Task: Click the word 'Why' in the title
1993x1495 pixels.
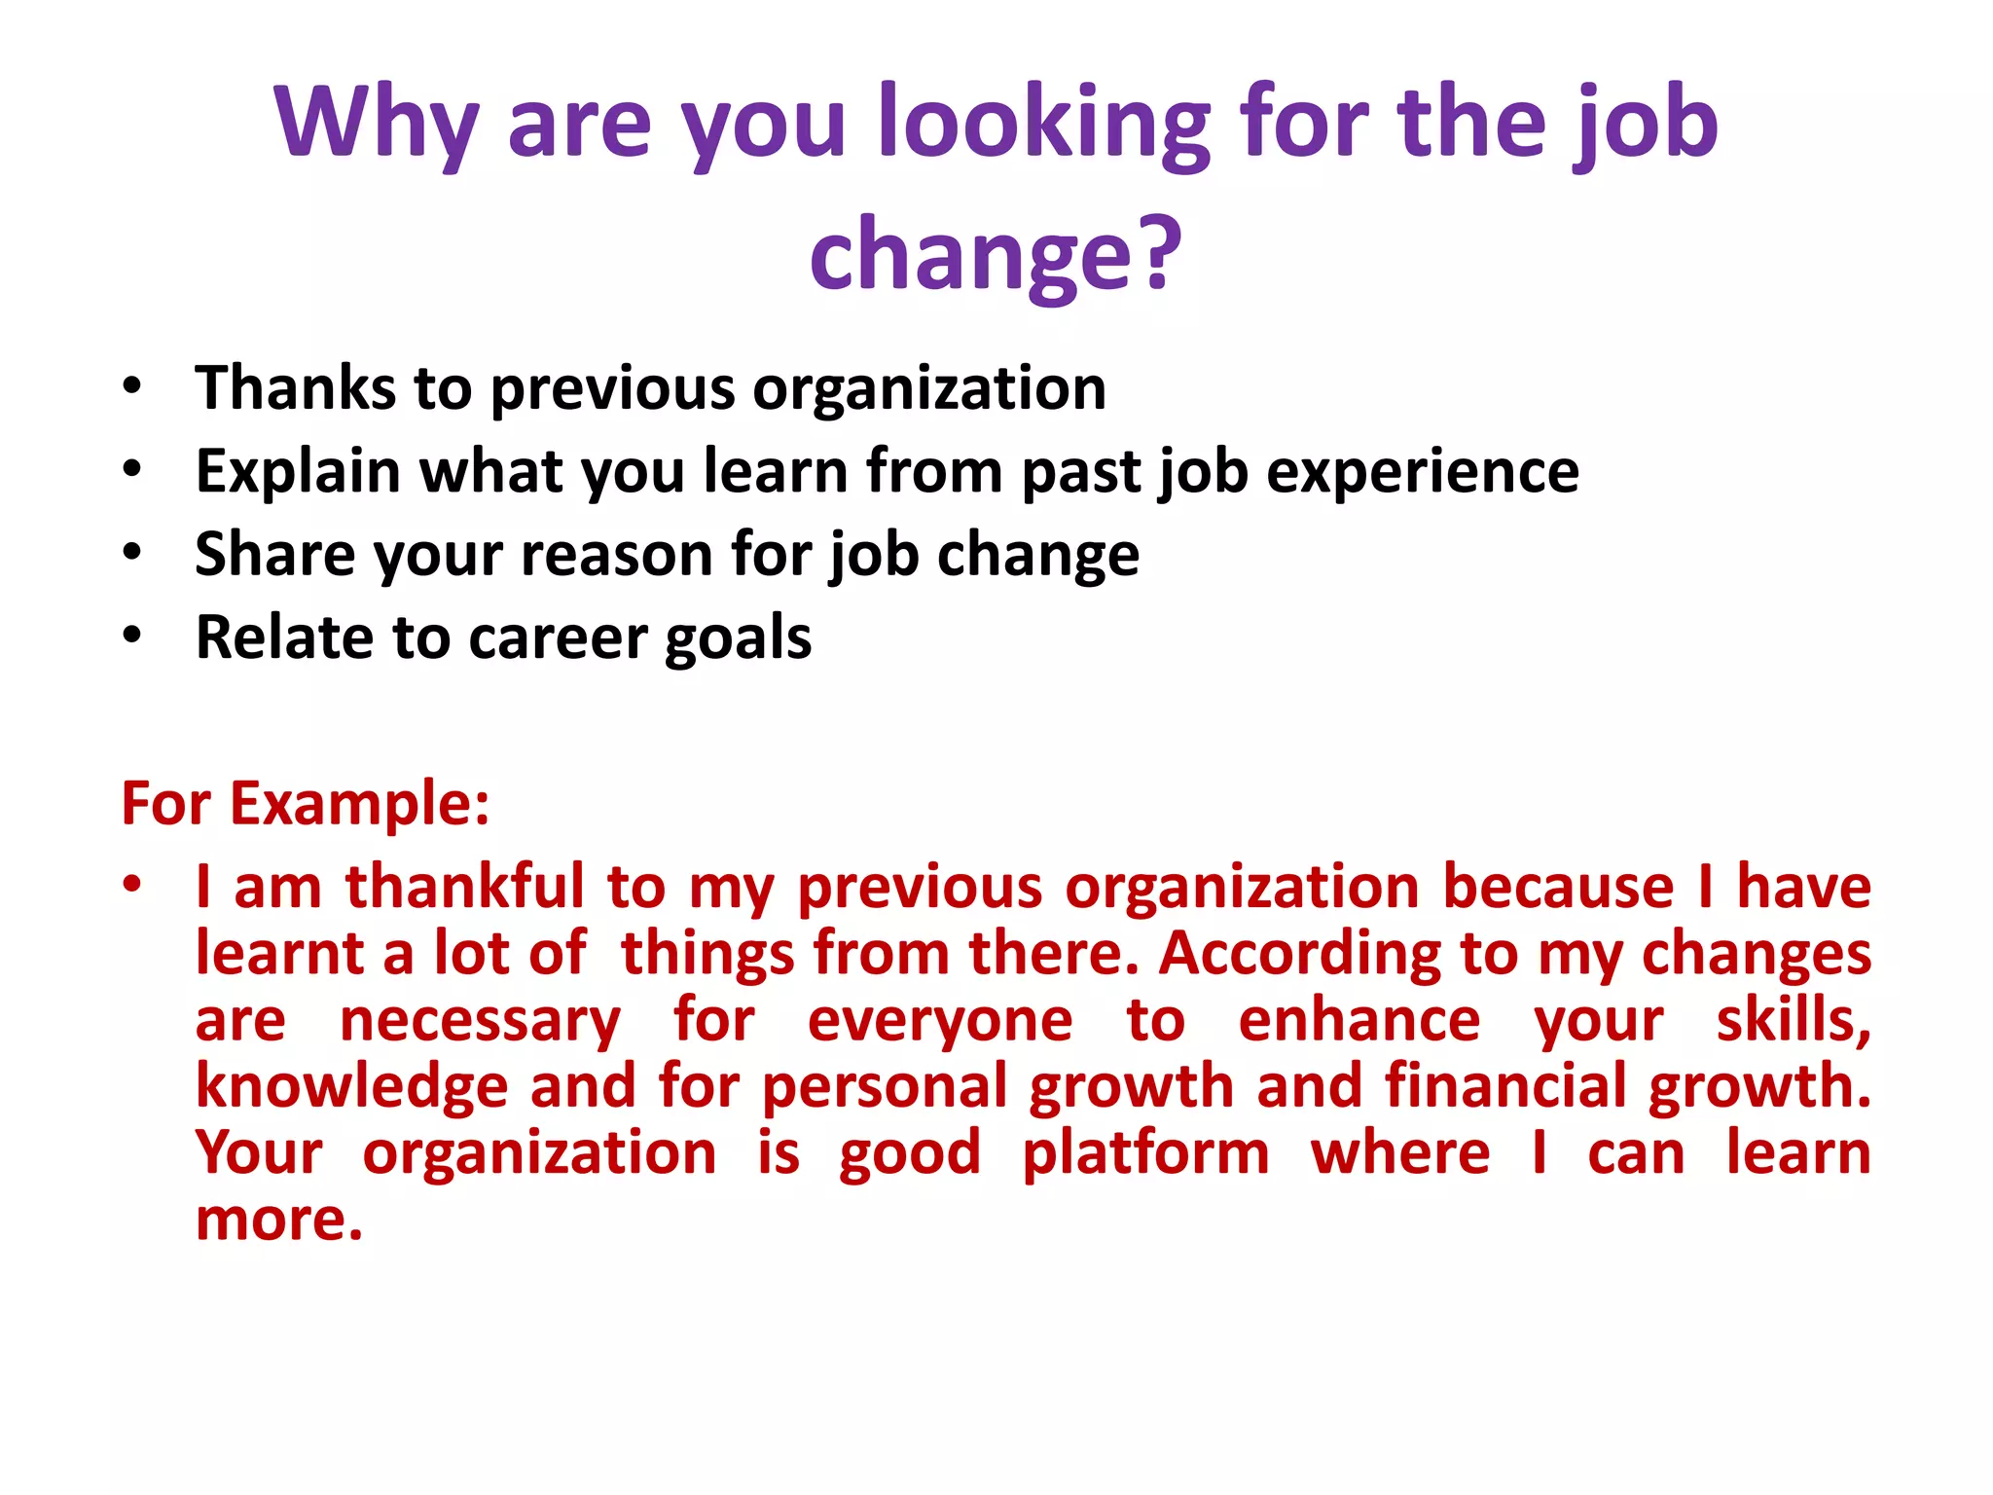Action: pos(375,125)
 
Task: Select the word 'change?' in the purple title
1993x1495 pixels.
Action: pos(995,255)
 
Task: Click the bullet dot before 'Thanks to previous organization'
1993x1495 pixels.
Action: pos(132,386)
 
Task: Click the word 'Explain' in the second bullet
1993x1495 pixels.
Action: pos(298,472)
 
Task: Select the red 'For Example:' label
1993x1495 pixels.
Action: pos(306,804)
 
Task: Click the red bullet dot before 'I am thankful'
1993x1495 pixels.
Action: pos(132,885)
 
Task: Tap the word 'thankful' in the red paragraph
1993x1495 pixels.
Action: pos(465,888)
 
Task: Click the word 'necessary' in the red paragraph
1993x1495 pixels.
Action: pos(480,1022)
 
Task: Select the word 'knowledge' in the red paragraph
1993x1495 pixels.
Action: pos(352,1087)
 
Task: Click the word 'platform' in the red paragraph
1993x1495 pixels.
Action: pos(1145,1154)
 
